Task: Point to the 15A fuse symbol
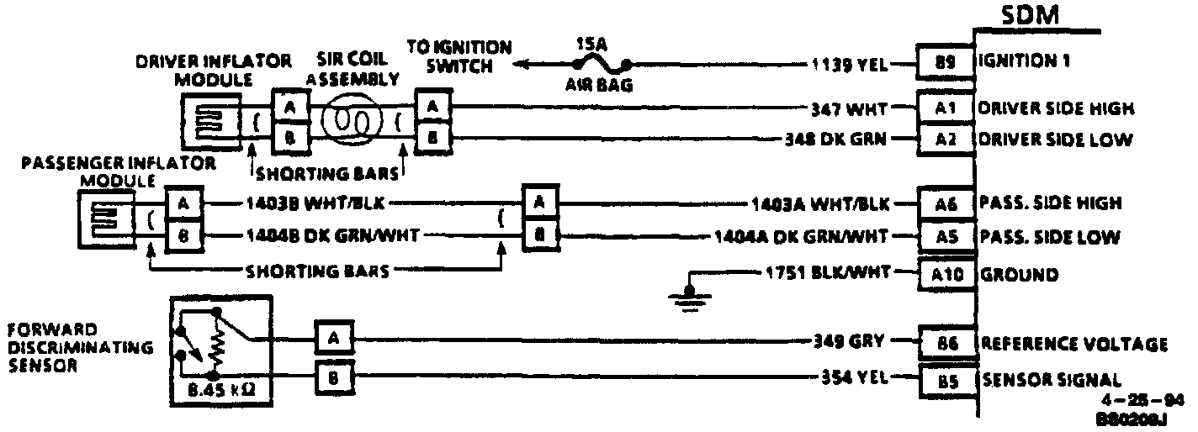click(x=601, y=62)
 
